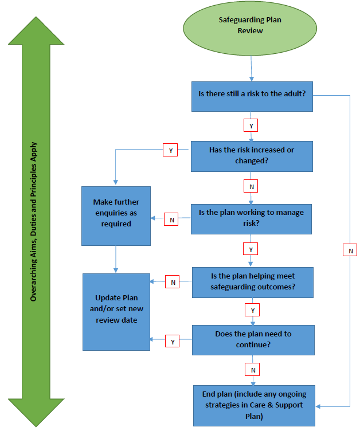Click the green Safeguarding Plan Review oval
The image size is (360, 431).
(250, 26)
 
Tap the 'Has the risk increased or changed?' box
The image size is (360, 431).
(252, 155)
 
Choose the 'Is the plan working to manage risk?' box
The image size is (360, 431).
(252, 218)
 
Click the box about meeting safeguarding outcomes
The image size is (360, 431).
(252, 281)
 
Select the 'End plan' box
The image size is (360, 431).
(254, 405)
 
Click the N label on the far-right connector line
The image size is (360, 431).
(350, 250)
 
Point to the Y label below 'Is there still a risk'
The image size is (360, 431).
(250, 125)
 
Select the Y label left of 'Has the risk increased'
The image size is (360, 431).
(170, 150)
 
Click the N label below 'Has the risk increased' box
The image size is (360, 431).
(251, 187)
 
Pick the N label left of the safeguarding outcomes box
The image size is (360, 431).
(173, 281)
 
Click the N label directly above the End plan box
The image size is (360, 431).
(252, 369)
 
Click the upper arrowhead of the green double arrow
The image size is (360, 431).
(36, 32)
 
